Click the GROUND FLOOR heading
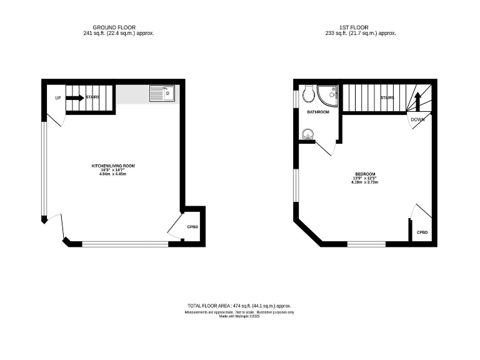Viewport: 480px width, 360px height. [x=110, y=27]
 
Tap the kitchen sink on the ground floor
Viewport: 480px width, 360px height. [x=162, y=94]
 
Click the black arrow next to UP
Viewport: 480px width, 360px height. [x=75, y=97]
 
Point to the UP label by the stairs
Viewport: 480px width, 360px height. [x=58, y=98]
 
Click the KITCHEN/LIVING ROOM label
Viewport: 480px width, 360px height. [x=113, y=166]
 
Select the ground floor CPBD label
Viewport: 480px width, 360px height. [x=192, y=226]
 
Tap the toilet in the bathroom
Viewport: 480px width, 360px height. [x=307, y=94]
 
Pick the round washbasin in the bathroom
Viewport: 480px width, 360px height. [x=307, y=133]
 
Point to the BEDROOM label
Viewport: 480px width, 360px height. [x=365, y=174]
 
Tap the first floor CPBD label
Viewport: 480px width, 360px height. [x=423, y=232]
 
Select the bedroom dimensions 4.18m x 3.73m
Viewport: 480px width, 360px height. [x=365, y=182]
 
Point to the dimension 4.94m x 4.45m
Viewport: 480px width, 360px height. [x=113, y=174]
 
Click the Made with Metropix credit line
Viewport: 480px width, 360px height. [x=239, y=316]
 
